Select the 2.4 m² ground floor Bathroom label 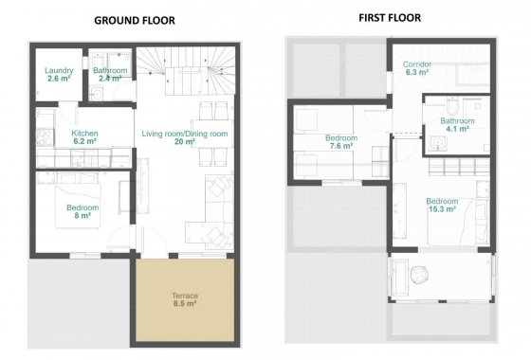coord(111,71)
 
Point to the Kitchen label coord(85,134)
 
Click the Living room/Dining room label coord(185,134)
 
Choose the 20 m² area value coord(185,142)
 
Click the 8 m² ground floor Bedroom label coord(84,207)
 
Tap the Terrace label coord(185,296)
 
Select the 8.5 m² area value coord(185,304)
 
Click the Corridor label coord(418,63)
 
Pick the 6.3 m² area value coord(418,72)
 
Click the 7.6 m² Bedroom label coord(342,138)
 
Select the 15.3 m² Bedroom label coord(442,201)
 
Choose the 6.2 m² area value coord(85,142)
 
